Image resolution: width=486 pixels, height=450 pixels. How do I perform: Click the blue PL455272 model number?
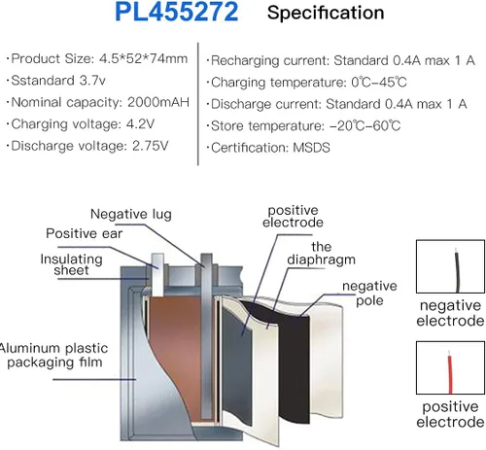(x=177, y=12)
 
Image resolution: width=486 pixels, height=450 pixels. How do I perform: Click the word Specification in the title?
(x=326, y=13)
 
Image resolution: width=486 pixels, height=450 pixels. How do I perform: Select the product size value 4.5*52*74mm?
(x=143, y=59)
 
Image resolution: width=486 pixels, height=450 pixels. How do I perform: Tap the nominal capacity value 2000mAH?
(x=158, y=102)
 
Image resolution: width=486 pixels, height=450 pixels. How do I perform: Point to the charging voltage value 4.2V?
(x=140, y=124)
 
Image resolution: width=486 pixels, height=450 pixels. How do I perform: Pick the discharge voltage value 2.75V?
(x=151, y=146)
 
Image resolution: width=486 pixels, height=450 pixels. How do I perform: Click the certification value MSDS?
(x=311, y=148)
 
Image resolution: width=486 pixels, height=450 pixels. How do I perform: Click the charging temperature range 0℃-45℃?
(x=379, y=83)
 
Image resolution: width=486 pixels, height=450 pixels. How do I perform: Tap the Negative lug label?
(x=131, y=214)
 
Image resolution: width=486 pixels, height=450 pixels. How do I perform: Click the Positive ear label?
(x=85, y=233)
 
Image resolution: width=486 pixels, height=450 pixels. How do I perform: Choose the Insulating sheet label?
(x=71, y=264)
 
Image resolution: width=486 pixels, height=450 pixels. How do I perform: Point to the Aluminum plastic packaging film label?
(x=53, y=356)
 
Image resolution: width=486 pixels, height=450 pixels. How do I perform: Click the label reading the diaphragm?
(x=321, y=253)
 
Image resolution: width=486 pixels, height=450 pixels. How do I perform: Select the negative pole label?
(x=369, y=294)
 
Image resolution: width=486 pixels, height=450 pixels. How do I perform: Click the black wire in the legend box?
(x=457, y=270)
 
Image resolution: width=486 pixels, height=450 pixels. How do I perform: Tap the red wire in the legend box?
(x=450, y=372)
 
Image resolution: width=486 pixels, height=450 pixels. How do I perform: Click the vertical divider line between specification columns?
(x=198, y=104)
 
